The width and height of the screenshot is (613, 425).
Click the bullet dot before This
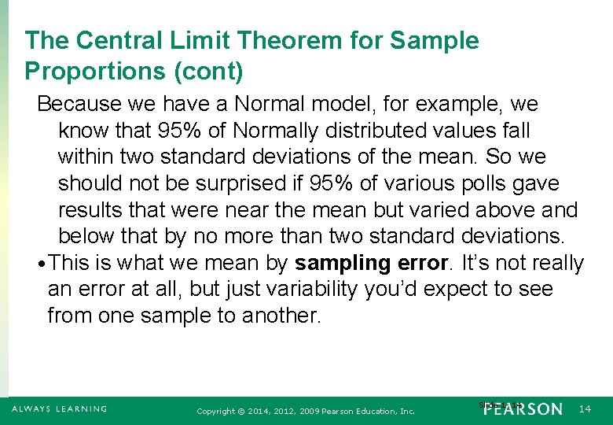pos(41,264)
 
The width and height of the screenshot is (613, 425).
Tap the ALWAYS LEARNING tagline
pos(60,408)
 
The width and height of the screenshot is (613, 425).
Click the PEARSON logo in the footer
pos(523,409)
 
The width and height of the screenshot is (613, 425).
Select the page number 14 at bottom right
pos(585,409)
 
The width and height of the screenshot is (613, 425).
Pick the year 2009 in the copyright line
pos(323,411)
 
